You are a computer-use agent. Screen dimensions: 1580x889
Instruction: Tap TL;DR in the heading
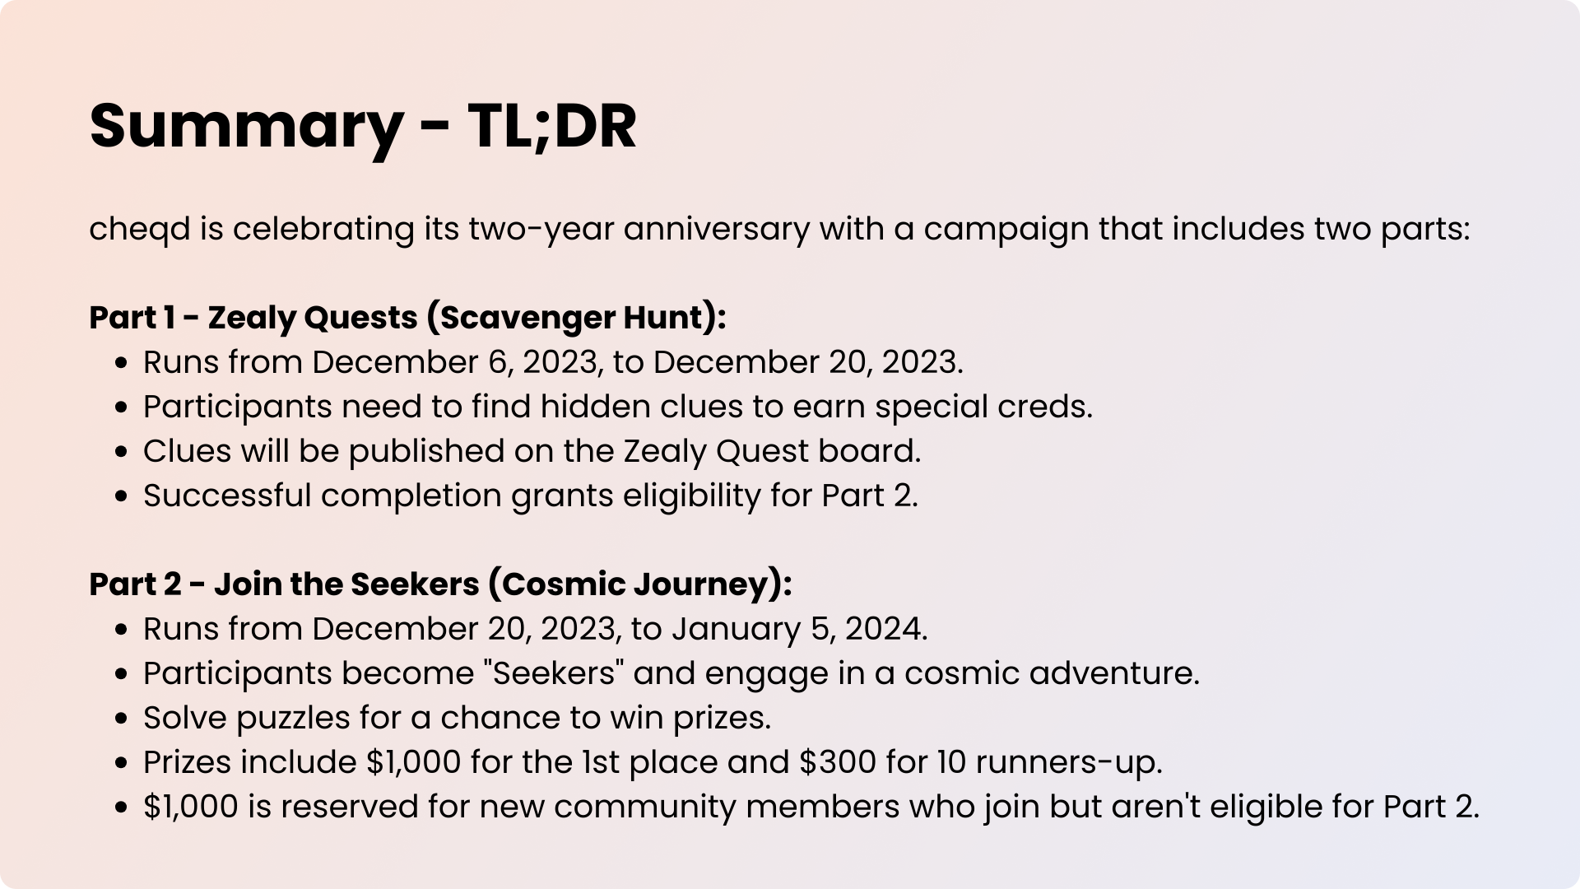(552, 126)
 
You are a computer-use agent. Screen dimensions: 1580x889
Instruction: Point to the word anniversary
(717, 230)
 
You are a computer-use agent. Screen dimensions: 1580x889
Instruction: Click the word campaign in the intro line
(1006, 230)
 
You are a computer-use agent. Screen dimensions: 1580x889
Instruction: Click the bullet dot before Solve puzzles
(122, 719)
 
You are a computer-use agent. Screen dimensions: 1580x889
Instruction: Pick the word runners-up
(1069, 763)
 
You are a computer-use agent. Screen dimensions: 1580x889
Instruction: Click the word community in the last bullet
(645, 808)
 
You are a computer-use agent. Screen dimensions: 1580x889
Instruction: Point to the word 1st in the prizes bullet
(601, 762)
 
